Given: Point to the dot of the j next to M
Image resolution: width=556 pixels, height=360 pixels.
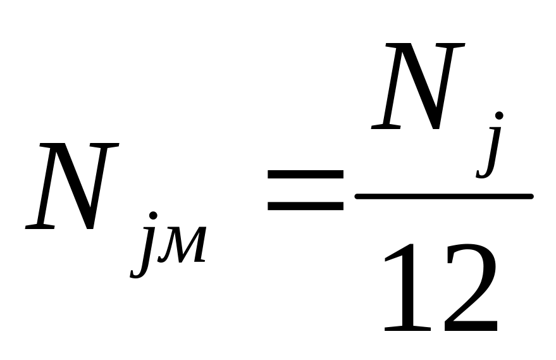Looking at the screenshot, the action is point(152,217).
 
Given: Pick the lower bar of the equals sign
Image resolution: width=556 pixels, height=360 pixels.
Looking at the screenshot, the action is point(305,206).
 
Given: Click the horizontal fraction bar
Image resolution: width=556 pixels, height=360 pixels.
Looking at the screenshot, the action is point(443,197).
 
